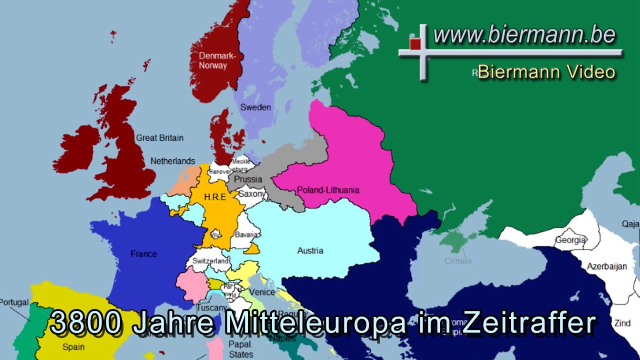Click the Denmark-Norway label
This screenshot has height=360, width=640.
coord(213,60)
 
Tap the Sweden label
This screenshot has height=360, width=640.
coord(255,107)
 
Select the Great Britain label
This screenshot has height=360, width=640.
coord(160,137)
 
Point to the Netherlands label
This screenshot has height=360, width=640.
coord(173,161)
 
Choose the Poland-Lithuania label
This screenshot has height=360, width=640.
coord(328,190)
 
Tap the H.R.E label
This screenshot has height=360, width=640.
coord(215,197)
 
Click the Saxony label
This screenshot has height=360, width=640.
coord(251,193)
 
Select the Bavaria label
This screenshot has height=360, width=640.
coord(246,234)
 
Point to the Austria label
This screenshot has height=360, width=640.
coord(310,250)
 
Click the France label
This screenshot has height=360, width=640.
coord(143,253)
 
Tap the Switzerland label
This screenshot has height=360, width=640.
coord(210,261)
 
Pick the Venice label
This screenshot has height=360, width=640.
coord(262,292)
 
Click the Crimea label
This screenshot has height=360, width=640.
coord(458,261)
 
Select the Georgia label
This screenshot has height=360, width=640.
coord(570,240)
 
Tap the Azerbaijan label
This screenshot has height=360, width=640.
coord(607,266)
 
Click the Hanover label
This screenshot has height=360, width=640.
coord(220,171)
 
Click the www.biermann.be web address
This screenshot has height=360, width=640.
coord(524,35)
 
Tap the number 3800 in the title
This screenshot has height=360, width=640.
coord(86,322)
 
